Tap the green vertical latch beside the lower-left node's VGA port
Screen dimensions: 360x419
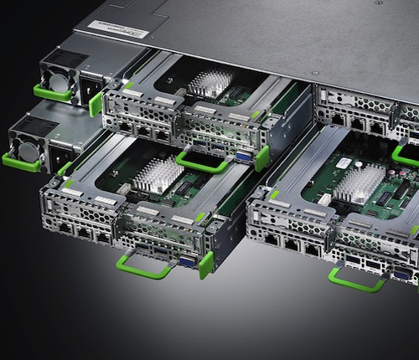point(205,265)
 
